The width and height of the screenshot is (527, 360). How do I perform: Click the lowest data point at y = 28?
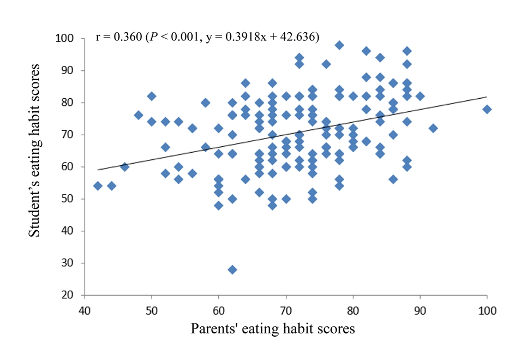[232, 269]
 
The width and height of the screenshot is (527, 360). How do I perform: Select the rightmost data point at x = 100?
[487, 109]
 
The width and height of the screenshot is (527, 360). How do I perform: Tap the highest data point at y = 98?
[339, 45]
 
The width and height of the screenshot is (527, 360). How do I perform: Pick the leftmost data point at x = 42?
[98, 186]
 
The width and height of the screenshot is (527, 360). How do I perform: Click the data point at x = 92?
[433, 128]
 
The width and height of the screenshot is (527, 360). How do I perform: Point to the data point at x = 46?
[124, 167]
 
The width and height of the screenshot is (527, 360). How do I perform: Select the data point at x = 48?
[138, 115]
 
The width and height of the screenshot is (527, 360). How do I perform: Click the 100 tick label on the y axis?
[70, 39]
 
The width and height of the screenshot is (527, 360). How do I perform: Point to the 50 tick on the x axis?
[152, 310]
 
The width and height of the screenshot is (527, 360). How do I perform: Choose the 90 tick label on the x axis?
[420, 310]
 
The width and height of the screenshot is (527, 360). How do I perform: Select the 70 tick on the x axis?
[286, 310]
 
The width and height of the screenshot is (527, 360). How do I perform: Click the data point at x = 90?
[420, 97]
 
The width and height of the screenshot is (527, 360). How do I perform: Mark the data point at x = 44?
[111, 186]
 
